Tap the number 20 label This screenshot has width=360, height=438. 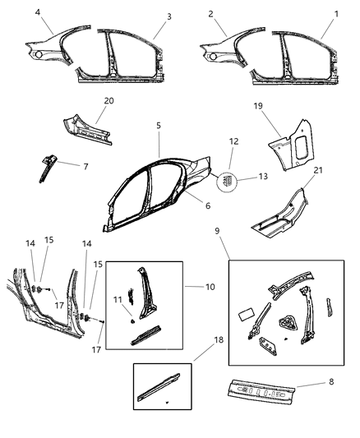click(108, 99)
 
